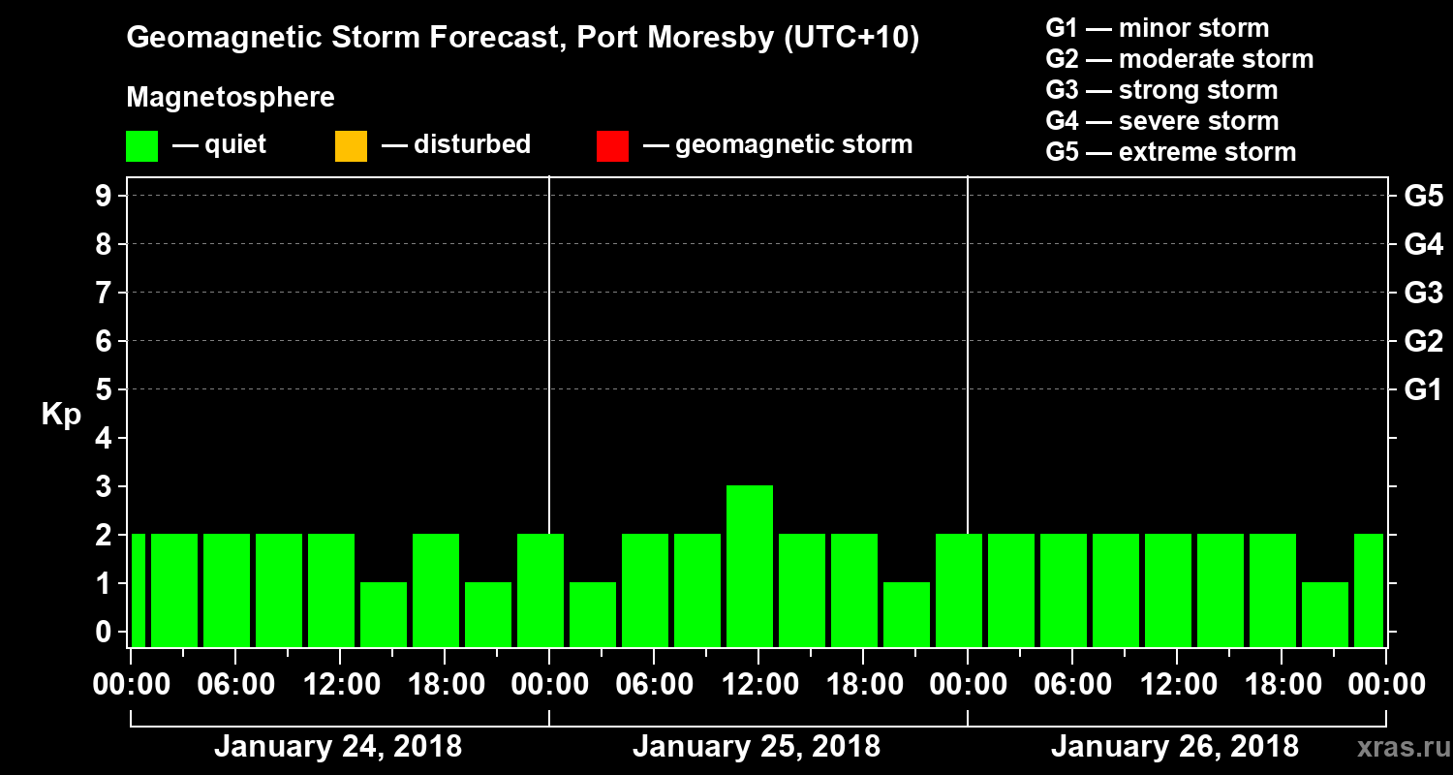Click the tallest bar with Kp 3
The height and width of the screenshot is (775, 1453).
point(749,566)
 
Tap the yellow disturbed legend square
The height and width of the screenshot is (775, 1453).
point(351,146)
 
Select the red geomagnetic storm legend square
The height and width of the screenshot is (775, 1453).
point(612,146)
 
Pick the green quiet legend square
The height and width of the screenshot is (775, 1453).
point(141,146)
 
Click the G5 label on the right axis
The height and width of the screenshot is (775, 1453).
point(1423,196)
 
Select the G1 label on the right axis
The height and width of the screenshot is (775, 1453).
point(1423,390)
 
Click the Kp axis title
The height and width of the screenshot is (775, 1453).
point(61,415)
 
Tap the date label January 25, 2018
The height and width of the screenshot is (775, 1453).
point(757,747)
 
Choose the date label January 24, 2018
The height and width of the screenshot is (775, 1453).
point(337,747)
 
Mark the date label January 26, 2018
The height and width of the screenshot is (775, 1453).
point(1174,747)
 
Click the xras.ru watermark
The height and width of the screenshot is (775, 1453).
point(1396,747)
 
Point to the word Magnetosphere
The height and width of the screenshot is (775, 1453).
point(231,98)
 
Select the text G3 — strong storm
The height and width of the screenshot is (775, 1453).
point(1161,90)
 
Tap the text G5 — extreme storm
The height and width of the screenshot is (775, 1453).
point(1170,152)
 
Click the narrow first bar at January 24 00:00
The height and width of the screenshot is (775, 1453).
point(138,590)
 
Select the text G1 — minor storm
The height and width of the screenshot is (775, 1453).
point(1158,28)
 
